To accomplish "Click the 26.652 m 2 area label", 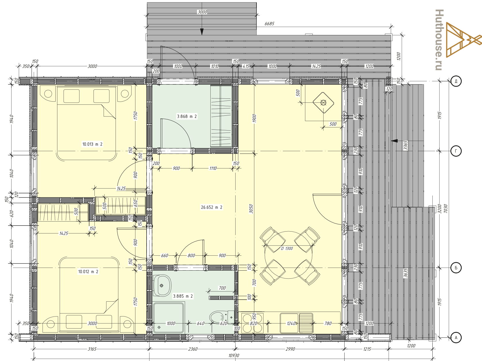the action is (211, 207).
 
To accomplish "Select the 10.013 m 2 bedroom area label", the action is (92, 144).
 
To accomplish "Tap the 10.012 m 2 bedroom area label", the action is (88, 272).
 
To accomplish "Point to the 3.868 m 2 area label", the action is (187, 117).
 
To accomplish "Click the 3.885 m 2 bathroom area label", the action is (183, 296).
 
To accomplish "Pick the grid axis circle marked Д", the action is (456, 81).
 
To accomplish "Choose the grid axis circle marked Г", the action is (456, 151).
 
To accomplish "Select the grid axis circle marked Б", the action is (456, 268).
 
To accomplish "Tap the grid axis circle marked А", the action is (456, 338).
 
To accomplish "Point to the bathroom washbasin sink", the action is (162, 286).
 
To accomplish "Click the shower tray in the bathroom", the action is (168, 318).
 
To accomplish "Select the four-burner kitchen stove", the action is (252, 323).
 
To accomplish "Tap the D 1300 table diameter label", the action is (287, 249).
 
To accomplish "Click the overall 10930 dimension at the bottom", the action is (234, 356).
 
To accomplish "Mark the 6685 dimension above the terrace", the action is (269, 24).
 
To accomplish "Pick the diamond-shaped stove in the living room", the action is (323, 102).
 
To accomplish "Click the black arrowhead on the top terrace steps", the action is (202, 32).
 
